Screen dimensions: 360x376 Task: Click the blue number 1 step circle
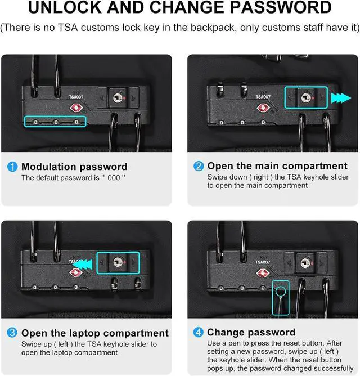12,167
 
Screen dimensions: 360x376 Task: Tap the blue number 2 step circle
199,166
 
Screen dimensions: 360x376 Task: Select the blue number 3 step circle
12,333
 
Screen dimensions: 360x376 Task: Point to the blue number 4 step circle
198,332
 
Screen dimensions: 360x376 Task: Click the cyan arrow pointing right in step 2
341,98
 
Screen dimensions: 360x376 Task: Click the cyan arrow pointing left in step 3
82,265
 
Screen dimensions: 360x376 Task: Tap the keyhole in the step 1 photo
117,98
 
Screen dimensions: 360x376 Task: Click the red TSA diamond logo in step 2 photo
263,108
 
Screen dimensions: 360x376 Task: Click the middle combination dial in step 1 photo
56,122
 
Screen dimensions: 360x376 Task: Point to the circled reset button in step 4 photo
280,292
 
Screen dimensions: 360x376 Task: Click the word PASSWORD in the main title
281,7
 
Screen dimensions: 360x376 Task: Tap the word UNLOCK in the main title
66,7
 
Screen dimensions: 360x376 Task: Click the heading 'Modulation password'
74,167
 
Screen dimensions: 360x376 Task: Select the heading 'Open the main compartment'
277,166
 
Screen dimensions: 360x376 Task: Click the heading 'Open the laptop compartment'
95,333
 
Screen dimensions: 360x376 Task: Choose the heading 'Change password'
251,332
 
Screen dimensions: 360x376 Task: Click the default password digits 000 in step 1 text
114,178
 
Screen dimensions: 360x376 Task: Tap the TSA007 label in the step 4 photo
263,262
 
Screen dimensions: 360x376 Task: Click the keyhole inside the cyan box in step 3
118,262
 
